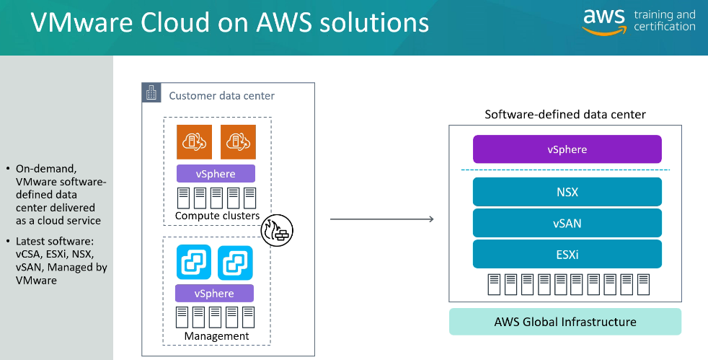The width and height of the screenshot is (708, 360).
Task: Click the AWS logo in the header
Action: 604,21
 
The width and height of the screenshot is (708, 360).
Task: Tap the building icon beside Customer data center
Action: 151,93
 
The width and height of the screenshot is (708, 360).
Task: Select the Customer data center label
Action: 221,96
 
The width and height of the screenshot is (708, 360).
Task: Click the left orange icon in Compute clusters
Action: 194,141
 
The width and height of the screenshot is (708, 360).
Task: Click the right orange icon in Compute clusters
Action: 239,141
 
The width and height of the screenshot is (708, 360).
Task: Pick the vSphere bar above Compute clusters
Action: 216,174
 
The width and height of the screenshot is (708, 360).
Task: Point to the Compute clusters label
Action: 216,216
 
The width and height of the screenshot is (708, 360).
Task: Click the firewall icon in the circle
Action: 276,231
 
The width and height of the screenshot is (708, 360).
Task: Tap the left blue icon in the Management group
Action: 194,262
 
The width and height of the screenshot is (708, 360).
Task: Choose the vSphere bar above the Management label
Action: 215,294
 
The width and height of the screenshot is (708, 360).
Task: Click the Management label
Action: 216,336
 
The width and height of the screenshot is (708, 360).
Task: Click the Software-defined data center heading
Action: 565,115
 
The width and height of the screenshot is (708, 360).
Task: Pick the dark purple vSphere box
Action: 567,149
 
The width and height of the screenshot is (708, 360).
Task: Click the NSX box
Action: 567,193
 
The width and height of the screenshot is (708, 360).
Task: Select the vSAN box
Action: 567,224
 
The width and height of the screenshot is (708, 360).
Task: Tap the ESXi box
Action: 567,255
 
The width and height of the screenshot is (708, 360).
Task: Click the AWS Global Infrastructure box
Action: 565,322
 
